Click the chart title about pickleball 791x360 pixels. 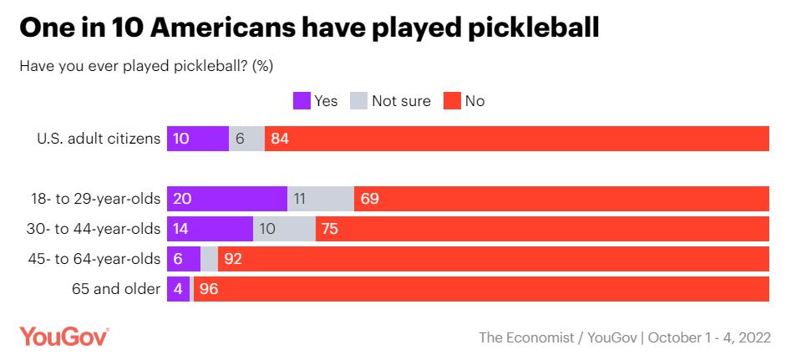tap(309, 27)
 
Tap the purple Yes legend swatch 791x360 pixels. tap(302, 101)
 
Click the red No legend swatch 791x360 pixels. tap(452, 101)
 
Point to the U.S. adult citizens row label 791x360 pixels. tap(98, 139)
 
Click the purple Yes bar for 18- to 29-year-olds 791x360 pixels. tap(227, 199)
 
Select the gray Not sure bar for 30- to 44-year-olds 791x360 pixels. tap(284, 229)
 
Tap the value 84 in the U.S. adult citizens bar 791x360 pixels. tap(280, 139)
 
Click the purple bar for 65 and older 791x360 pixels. tap(179, 289)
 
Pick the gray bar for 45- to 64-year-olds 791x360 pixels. tap(209, 259)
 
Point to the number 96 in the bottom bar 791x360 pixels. tap(208, 289)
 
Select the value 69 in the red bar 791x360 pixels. tap(370, 199)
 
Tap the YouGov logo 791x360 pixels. tap(64, 337)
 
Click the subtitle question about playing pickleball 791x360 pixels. tap(146, 65)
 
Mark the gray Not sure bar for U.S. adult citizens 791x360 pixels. tap(246, 139)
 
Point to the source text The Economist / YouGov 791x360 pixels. tap(556, 337)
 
